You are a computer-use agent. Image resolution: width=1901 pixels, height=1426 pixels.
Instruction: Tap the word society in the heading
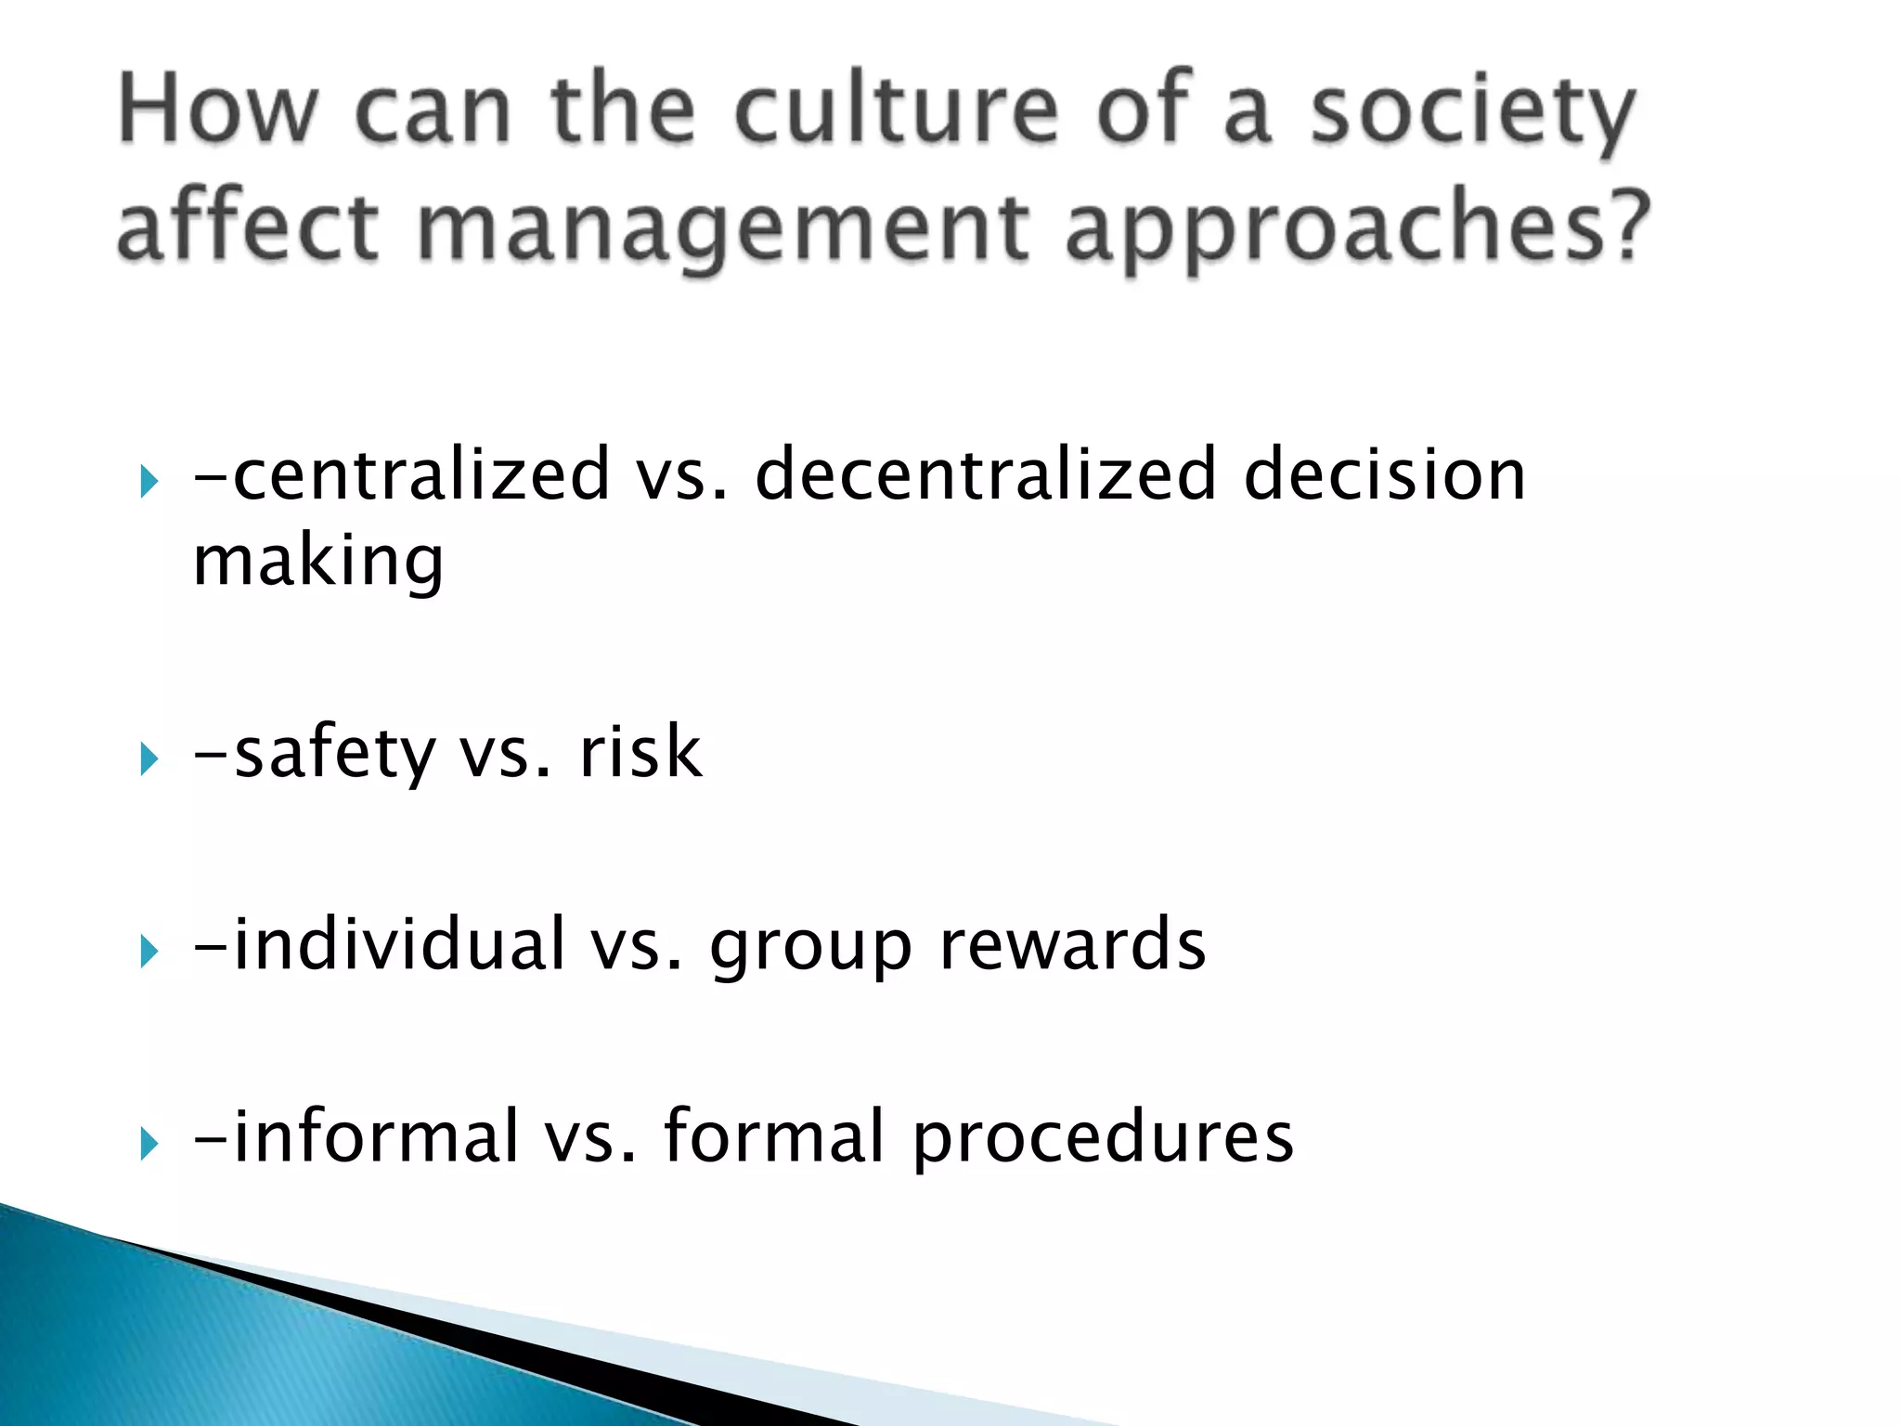pos(1472,113)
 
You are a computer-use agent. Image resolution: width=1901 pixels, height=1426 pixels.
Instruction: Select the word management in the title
pos(722,228)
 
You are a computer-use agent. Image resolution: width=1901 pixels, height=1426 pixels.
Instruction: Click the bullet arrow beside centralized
pos(149,482)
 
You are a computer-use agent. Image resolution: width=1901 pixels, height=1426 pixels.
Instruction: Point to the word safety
pos(334,754)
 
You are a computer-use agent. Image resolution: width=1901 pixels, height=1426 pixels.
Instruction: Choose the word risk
pos(640,752)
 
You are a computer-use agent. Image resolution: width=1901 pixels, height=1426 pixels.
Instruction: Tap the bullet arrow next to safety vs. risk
pos(149,760)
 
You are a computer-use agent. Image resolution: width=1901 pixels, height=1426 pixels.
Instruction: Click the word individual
pos(399,944)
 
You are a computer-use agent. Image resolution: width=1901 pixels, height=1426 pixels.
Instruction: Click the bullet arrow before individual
pos(149,952)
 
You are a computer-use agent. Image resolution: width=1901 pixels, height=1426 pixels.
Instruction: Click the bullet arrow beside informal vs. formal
pos(149,1143)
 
